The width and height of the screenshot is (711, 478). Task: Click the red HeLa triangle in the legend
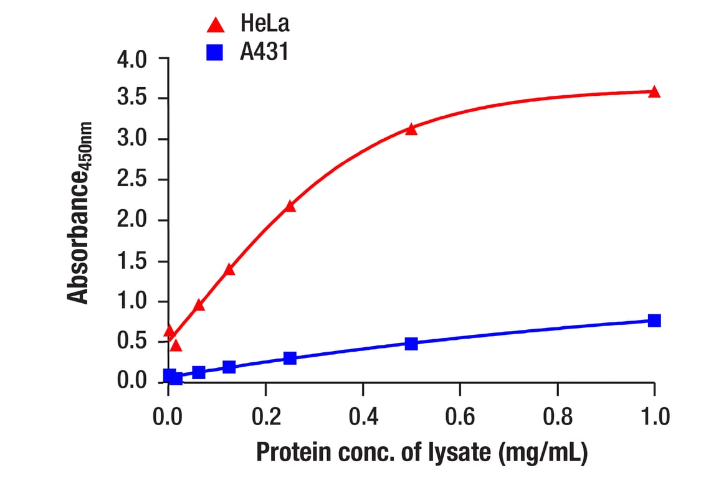[215, 26]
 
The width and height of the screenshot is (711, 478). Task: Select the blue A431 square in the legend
[215, 53]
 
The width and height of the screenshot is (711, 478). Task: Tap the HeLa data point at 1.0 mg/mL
[654, 92]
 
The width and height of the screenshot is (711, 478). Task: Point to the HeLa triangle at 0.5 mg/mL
[411, 129]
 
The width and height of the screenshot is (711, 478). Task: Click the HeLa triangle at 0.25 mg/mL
[290, 206]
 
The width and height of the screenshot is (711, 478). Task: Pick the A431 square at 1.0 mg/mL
[654, 321]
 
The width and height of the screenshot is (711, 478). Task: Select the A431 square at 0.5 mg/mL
[411, 344]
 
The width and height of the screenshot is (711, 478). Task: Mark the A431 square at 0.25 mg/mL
[290, 358]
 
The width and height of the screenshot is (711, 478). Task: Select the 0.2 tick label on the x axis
[266, 416]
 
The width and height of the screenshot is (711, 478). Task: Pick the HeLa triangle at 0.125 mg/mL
[229, 269]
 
